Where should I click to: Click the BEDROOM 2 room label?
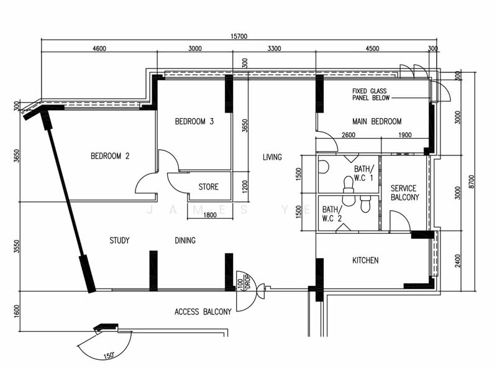pos(110,156)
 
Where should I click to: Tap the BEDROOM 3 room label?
pos(194,121)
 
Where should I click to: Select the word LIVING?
pos(272,157)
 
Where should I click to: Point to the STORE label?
pos(208,186)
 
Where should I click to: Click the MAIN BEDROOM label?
pos(376,121)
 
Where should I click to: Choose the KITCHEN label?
pos(365,260)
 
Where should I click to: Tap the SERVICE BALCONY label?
pos(404,193)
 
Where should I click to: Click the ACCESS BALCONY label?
pos(203,311)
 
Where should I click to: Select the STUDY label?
pos(119,241)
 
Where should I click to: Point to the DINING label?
pos(185,241)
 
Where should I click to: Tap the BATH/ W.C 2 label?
pos(332,214)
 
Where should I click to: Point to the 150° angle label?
pos(109,356)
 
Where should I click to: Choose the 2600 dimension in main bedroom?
pos(349,136)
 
